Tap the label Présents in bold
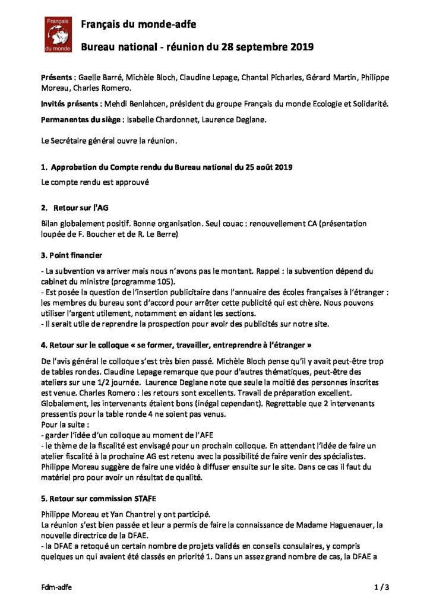tap(58, 77)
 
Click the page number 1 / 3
tap(381, 587)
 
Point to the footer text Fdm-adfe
tap(57, 587)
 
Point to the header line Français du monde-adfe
tap(138, 24)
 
